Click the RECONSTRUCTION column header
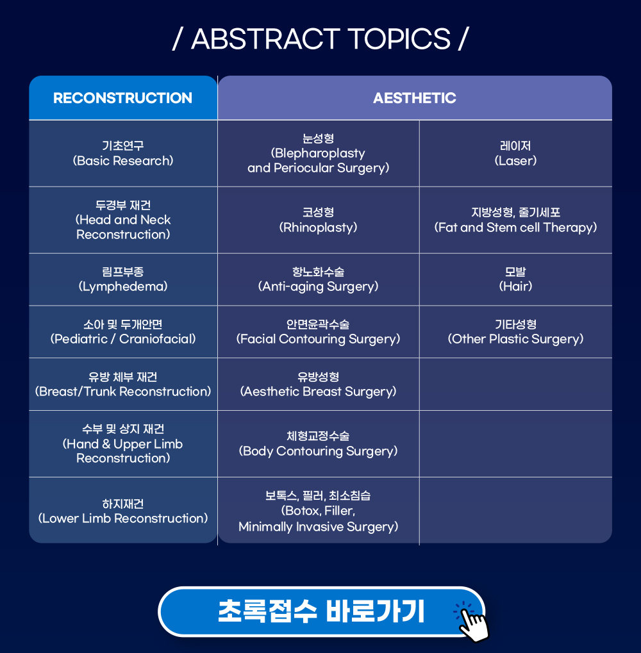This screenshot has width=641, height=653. click(x=123, y=98)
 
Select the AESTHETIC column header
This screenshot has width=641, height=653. click(x=415, y=98)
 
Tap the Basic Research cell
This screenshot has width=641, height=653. click(x=123, y=153)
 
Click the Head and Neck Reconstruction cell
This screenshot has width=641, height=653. click(x=123, y=220)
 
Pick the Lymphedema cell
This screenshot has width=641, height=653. click(x=123, y=279)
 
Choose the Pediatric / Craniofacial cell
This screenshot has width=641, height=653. click(x=123, y=332)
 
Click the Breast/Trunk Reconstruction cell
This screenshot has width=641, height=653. click(x=123, y=384)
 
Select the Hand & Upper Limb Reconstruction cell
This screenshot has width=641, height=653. click(x=123, y=444)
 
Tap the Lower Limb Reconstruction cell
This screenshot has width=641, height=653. click(x=123, y=511)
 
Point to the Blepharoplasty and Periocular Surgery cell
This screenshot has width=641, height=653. click(x=319, y=153)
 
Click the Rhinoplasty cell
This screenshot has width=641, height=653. click(x=319, y=220)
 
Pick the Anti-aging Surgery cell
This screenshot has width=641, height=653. click(x=319, y=279)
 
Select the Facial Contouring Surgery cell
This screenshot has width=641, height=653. click(x=319, y=332)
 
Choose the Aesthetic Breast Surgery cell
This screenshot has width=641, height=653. click(x=319, y=384)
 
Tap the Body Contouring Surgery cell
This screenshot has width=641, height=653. click(x=319, y=444)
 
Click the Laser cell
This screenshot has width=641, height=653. click(x=515, y=153)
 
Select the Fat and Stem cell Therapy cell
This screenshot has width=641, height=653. click(x=515, y=220)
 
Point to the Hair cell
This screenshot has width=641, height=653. click(x=515, y=279)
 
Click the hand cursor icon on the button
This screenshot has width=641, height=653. click(x=472, y=622)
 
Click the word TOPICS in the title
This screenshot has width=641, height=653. click(x=399, y=39)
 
